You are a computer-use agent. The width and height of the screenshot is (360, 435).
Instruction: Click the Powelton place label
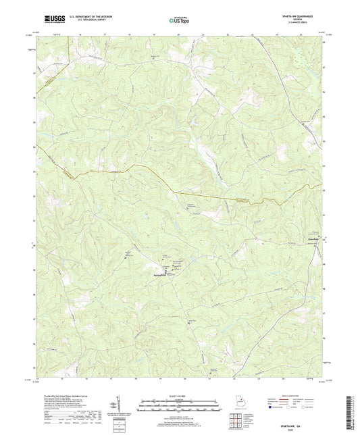(307, 238)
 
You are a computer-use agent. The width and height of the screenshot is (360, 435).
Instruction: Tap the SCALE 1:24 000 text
(179, 395)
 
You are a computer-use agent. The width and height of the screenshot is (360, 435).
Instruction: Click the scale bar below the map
(179, 406)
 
